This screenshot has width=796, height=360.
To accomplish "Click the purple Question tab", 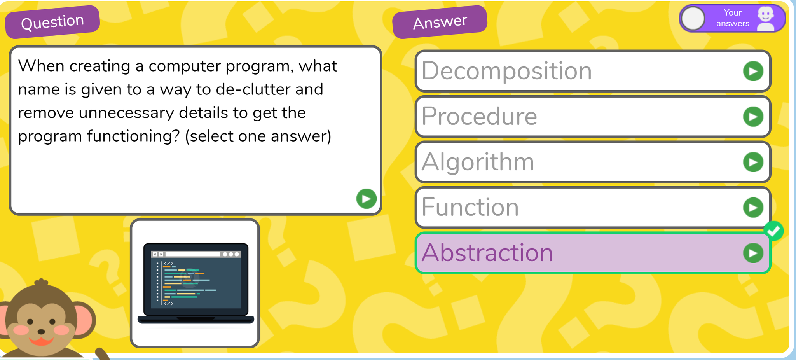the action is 52,22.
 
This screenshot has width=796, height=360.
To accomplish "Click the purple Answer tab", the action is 440,22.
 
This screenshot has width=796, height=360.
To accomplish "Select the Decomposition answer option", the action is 593,71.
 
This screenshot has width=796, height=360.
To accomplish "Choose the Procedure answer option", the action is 593,117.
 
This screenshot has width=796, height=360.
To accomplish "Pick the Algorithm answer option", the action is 593,162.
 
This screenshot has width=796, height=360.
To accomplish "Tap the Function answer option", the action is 593,208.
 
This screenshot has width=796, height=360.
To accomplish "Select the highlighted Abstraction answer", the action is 593,253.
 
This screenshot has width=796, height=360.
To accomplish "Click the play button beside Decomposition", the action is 753,71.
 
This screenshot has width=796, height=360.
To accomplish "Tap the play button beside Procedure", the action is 753,117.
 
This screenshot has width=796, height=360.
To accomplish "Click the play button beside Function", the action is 753,208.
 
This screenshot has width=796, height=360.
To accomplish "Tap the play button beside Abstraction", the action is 753,253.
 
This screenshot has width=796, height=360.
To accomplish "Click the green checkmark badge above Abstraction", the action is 773,231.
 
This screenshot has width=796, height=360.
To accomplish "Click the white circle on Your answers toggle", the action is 693,18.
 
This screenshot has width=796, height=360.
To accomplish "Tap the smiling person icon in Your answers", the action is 766,18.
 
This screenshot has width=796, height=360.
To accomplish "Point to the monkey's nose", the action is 41,332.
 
